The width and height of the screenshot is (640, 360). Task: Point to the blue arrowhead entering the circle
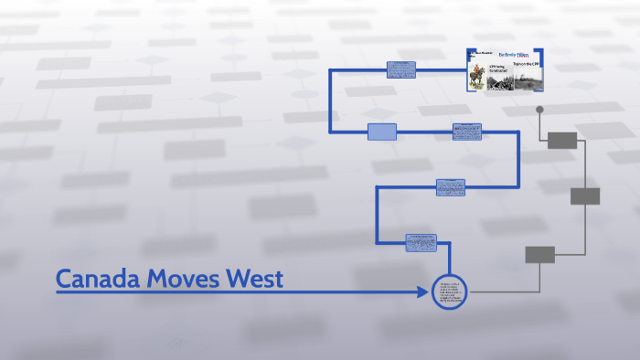coord(422,292)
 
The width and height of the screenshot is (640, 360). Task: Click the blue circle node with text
coord(449,292)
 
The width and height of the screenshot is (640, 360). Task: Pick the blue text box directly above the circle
coord(421,242)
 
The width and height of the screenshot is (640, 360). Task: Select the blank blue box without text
coord(382,132)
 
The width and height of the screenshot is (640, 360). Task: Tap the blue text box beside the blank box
coord(466,132)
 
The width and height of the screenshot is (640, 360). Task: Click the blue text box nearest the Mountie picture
coord(400,69)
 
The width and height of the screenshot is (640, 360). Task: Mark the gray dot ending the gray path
coord(539,110)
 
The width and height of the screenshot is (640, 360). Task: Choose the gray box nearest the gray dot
coord(562,140)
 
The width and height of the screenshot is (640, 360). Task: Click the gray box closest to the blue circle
coord(539,255)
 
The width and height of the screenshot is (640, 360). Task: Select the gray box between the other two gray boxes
coord(585,196)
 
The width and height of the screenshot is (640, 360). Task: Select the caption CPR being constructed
coord(497,69)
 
